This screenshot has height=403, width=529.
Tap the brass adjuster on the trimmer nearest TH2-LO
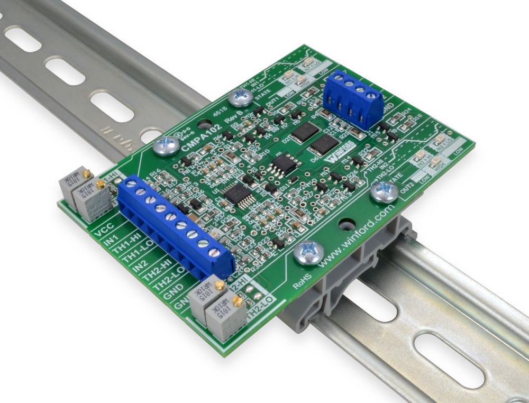tap(237, 301)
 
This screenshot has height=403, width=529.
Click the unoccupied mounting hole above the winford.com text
tap(346, 224)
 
